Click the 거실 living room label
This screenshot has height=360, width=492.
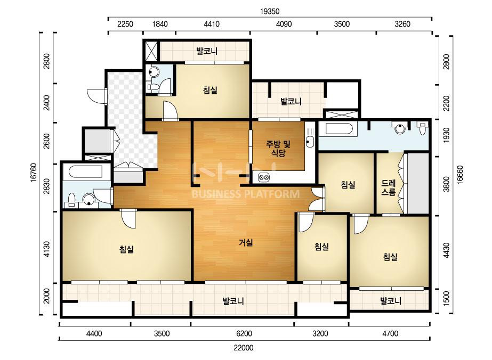(246, 242)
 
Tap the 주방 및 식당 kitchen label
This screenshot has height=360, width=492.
(278, 149)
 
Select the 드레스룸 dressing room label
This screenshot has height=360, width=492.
(389, 187)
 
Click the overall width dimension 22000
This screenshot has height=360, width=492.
(244, 348)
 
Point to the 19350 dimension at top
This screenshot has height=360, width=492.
(270, 12)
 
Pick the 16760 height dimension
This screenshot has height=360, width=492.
(34, 172)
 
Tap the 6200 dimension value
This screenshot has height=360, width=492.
(244, 333)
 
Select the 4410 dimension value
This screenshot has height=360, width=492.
(212, 24)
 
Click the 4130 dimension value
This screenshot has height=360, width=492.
(47, 249)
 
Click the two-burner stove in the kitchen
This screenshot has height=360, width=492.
(264, 177)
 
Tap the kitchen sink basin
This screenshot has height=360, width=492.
(310, 142)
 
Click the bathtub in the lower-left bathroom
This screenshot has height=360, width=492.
(85, 172)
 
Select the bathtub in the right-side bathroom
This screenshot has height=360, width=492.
(338, 130)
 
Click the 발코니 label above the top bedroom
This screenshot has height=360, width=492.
(207, 51)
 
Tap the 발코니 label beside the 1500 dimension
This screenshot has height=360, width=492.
(391, 301)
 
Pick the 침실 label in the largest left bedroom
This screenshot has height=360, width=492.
(126, 249)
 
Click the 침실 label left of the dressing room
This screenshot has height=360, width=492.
(348, 185)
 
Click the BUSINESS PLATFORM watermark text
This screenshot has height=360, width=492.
(245, 194)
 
